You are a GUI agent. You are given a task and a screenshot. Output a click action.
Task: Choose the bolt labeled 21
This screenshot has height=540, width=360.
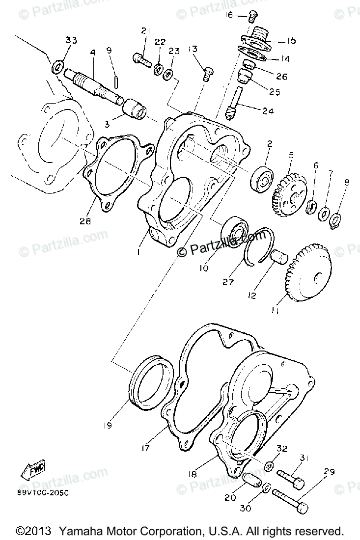point(142,60)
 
